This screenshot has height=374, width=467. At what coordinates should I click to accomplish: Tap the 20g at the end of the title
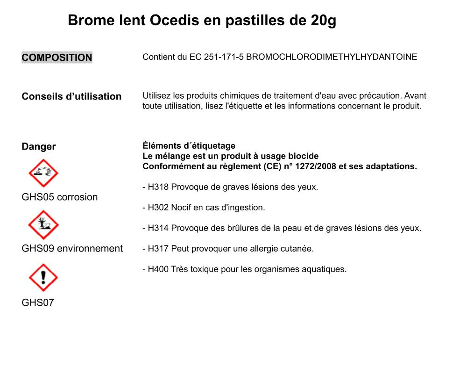[323, 21]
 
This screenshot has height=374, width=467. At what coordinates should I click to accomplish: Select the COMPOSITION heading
[57, 58]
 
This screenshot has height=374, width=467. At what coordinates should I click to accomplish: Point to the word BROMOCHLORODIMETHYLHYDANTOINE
[332, 57]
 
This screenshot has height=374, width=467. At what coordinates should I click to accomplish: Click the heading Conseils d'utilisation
[71, 96]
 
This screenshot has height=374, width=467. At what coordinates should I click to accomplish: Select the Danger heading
[39, 146]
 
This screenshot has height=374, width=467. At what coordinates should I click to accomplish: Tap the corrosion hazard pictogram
[43, 173]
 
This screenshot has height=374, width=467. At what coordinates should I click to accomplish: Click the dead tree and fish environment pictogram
[43, 225]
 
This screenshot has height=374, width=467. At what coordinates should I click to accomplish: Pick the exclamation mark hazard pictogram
[43, 277]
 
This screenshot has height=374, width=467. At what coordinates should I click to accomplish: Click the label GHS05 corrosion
[60, 197]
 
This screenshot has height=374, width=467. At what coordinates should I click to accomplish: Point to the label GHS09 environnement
[72, 248]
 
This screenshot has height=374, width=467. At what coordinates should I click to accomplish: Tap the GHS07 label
[38, 302]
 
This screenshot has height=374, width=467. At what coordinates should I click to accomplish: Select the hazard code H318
[158, 187]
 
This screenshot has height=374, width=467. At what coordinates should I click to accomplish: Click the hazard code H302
[158, 208]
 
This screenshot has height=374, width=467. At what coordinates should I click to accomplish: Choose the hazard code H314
[158, 228]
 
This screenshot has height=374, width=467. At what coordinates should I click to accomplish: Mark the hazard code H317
[158, 249]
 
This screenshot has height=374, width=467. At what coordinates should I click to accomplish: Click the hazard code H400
[158, 269]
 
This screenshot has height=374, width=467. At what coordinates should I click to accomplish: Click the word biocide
[304, 156]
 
